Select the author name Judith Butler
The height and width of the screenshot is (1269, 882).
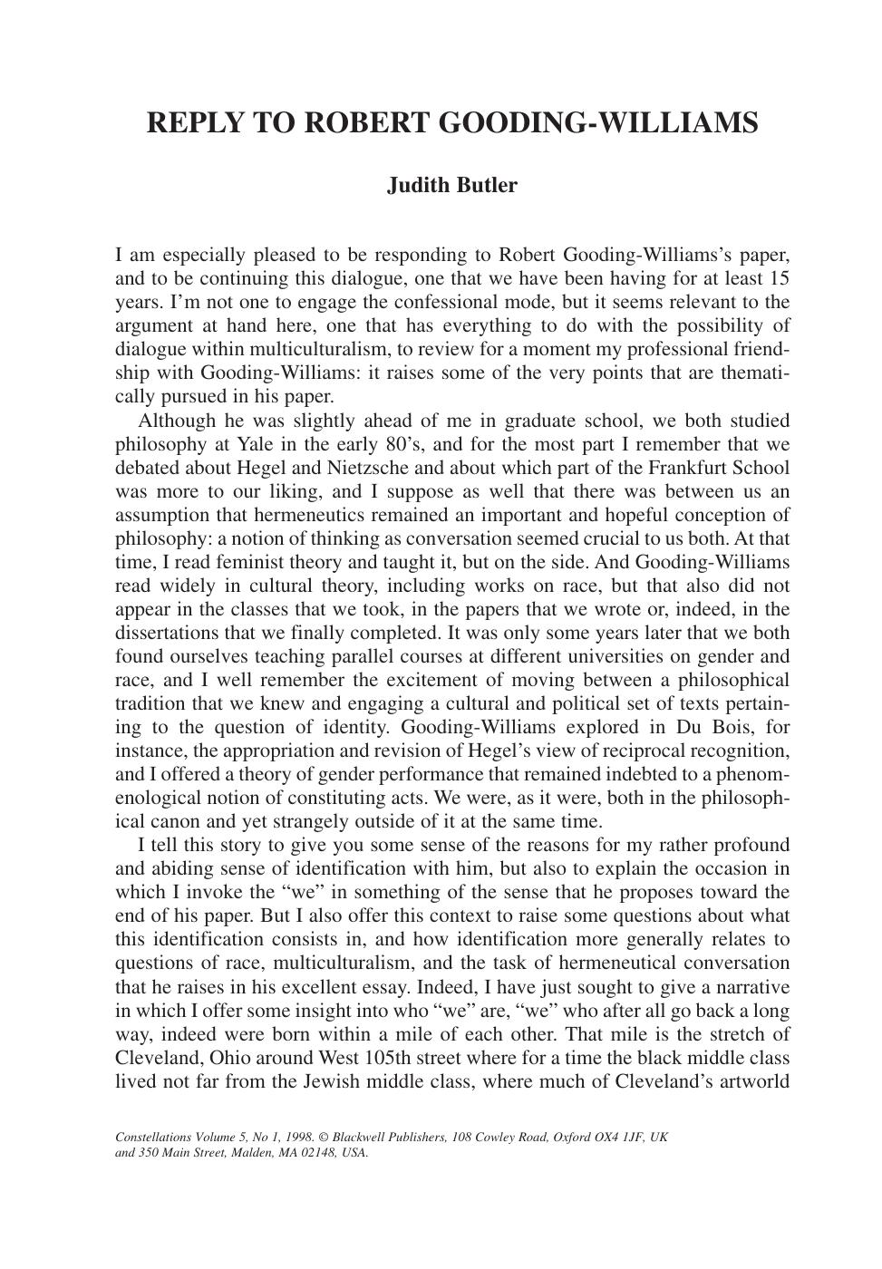452,186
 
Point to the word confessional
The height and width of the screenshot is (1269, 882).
500,302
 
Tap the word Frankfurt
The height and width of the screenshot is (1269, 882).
687,468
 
